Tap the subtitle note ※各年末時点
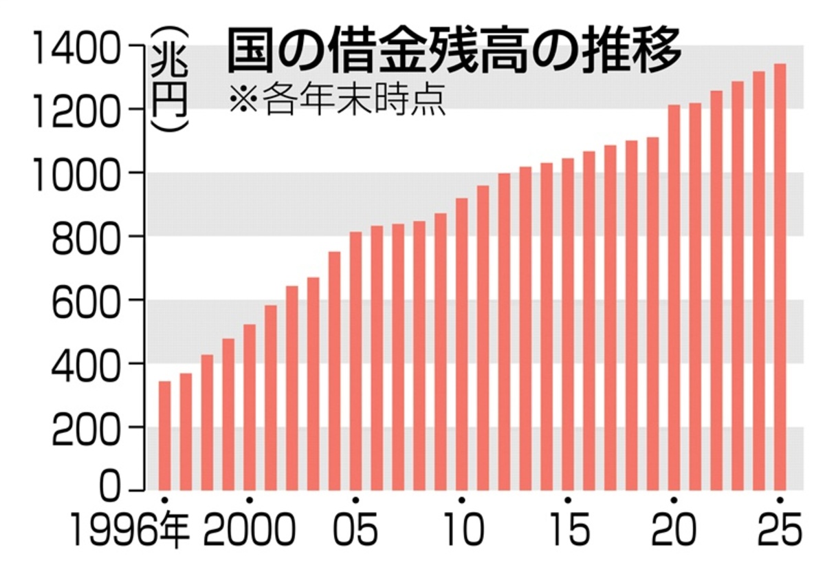337,100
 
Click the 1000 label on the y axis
72,173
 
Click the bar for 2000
250,407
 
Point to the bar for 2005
355,361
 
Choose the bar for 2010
461,344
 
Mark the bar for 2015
568,324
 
